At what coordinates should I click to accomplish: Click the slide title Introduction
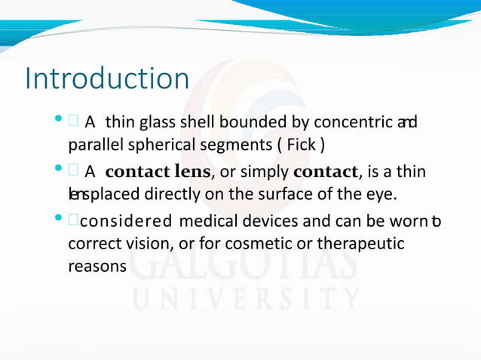click(106, 79)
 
